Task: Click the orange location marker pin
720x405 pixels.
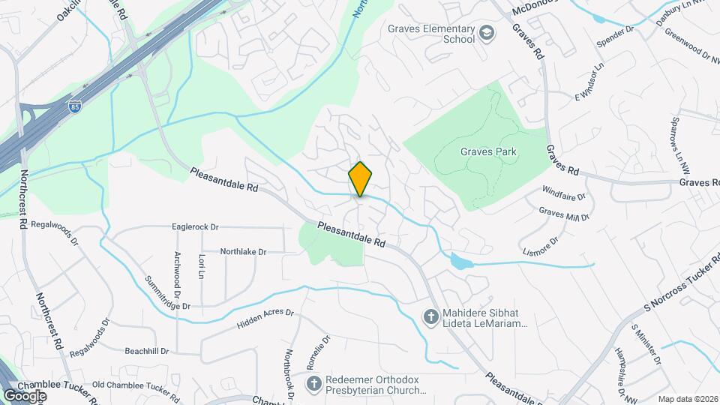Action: click(x=360, y=179)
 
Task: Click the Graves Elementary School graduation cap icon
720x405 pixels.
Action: click(x=487, y=32)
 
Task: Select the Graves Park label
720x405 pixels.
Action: click(x=488, y=152)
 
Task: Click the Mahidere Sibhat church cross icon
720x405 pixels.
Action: click(x=430, y=317)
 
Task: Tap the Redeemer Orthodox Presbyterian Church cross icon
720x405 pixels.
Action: click(x=316, y=384)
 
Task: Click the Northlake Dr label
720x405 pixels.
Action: click(x=243, y=252)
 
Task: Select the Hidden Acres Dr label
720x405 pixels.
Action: click(x=263, y=318)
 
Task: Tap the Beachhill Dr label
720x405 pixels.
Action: click(x=147, y=351)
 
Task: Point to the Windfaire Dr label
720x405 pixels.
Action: click(x=563, y=200)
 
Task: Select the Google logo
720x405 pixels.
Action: click(x=25, y=395)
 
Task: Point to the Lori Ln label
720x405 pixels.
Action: click(x=201, y=263)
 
